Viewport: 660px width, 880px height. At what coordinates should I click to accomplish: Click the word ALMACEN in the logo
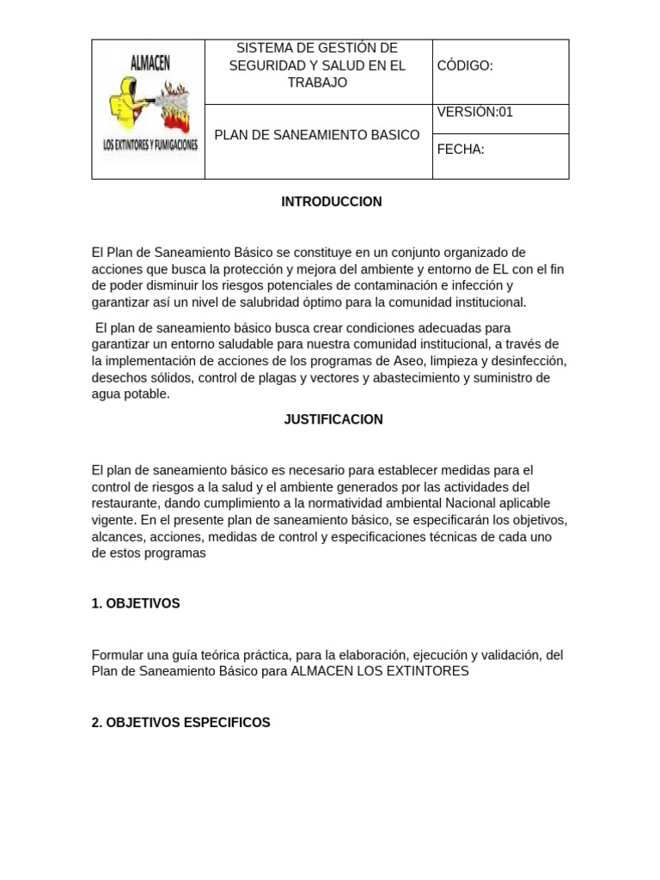[x=149, y=61]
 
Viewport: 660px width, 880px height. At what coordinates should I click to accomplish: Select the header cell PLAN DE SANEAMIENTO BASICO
[x=317, y=135]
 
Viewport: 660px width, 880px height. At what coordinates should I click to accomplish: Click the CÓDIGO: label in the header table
[x=465, y=66]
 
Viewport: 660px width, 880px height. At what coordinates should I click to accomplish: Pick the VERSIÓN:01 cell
[x=475, y=112]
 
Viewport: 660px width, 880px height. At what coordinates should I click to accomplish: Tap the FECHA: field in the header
[x=461, y=150]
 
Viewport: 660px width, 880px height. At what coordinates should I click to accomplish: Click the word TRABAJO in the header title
[x=317, y=82]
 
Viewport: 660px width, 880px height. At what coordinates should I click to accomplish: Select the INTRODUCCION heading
[x=331, y=202]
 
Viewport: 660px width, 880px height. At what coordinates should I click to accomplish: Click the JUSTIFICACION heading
[x=333, y=419]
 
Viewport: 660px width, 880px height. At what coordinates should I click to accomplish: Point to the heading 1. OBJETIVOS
[x=136, y=603]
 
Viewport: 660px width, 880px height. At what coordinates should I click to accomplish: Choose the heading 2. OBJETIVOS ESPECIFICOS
[x=180, y=723]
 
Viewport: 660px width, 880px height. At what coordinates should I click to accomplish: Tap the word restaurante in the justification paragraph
[x=125, y=504]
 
